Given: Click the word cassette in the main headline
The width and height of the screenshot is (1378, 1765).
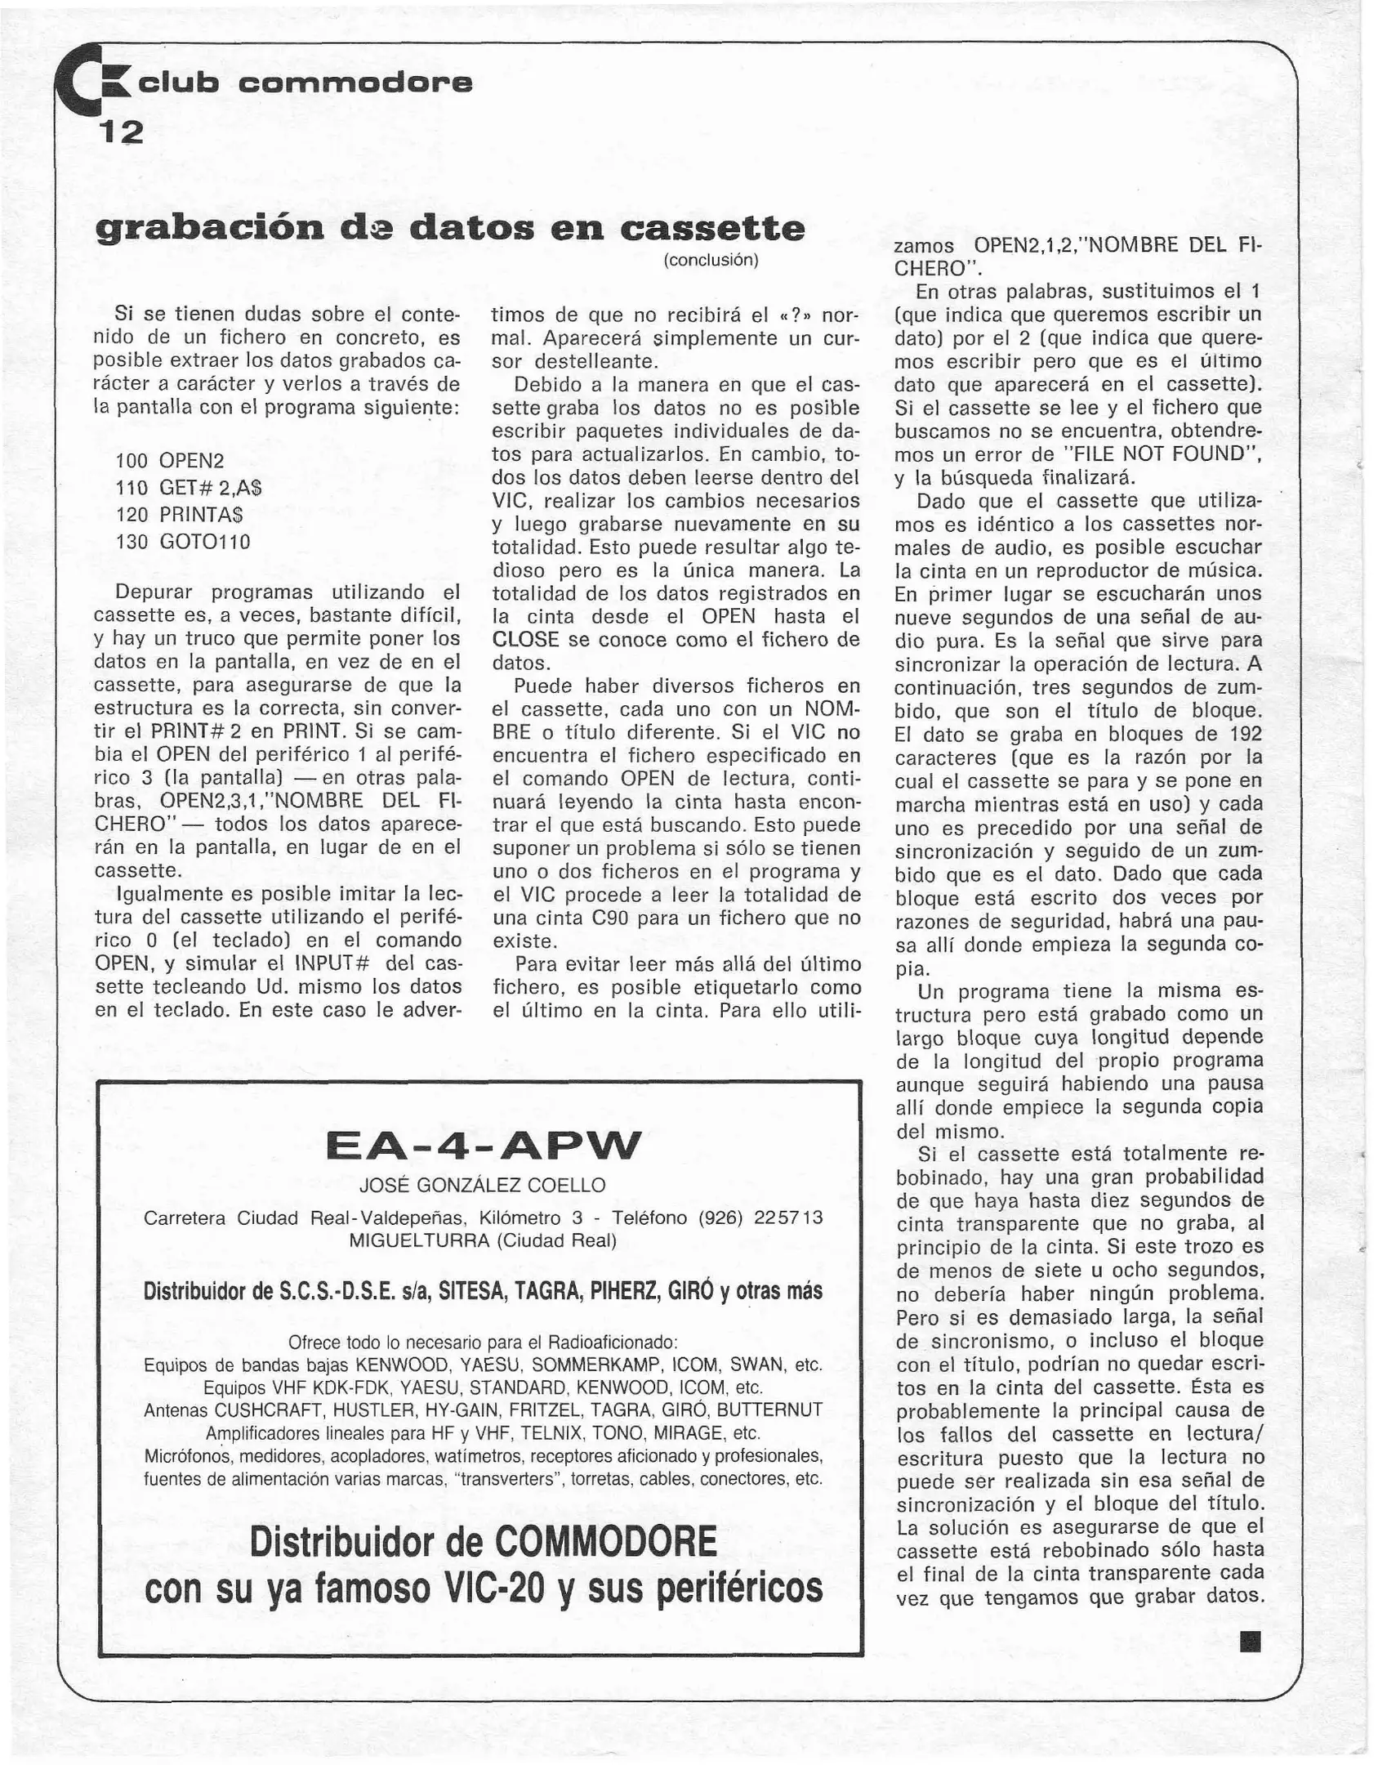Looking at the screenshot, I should (x=711, y=229).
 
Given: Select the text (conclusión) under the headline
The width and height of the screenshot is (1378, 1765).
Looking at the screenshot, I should (x=711, y=261).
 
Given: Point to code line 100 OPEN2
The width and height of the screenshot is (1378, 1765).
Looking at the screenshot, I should (x=170, y=461).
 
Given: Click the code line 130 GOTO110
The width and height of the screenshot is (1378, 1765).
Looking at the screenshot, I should (x=183, y=542).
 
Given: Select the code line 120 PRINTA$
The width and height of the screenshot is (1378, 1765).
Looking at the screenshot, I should (x=180, y=515).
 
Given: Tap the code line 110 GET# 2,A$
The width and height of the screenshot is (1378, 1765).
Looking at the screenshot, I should (x=189, y=488).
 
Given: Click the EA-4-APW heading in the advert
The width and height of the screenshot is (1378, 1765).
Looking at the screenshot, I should (x=484, y=1146).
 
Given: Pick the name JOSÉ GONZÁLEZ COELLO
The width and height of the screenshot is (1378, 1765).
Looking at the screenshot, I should (x=483, y=1185).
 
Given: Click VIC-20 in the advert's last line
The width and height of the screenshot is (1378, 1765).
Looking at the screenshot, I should (x=500, y=1588).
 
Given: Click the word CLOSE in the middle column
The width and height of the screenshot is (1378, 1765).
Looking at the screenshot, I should (x=525, y=640).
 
